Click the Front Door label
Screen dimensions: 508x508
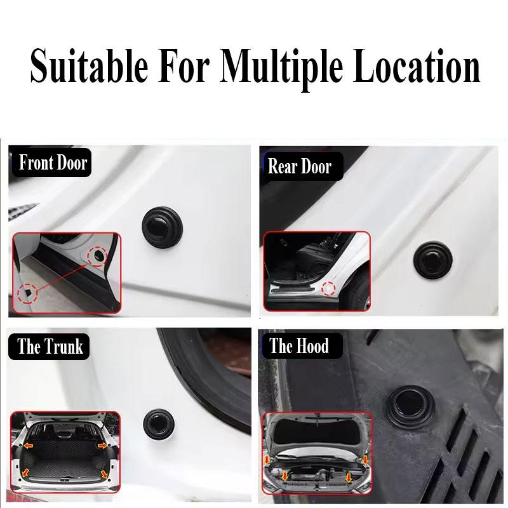tap(52, 163)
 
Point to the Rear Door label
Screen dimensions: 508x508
tap(299, 166)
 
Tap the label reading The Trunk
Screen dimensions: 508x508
tap(50, 347)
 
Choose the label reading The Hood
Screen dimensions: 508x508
tap(298, 347)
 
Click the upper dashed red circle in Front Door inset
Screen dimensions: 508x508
tap(99, 255)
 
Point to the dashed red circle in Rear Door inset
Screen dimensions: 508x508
tap(328, 288)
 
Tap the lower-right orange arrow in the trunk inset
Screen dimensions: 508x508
tap(103, 474)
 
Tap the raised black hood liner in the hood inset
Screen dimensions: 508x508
tap(317, 438)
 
